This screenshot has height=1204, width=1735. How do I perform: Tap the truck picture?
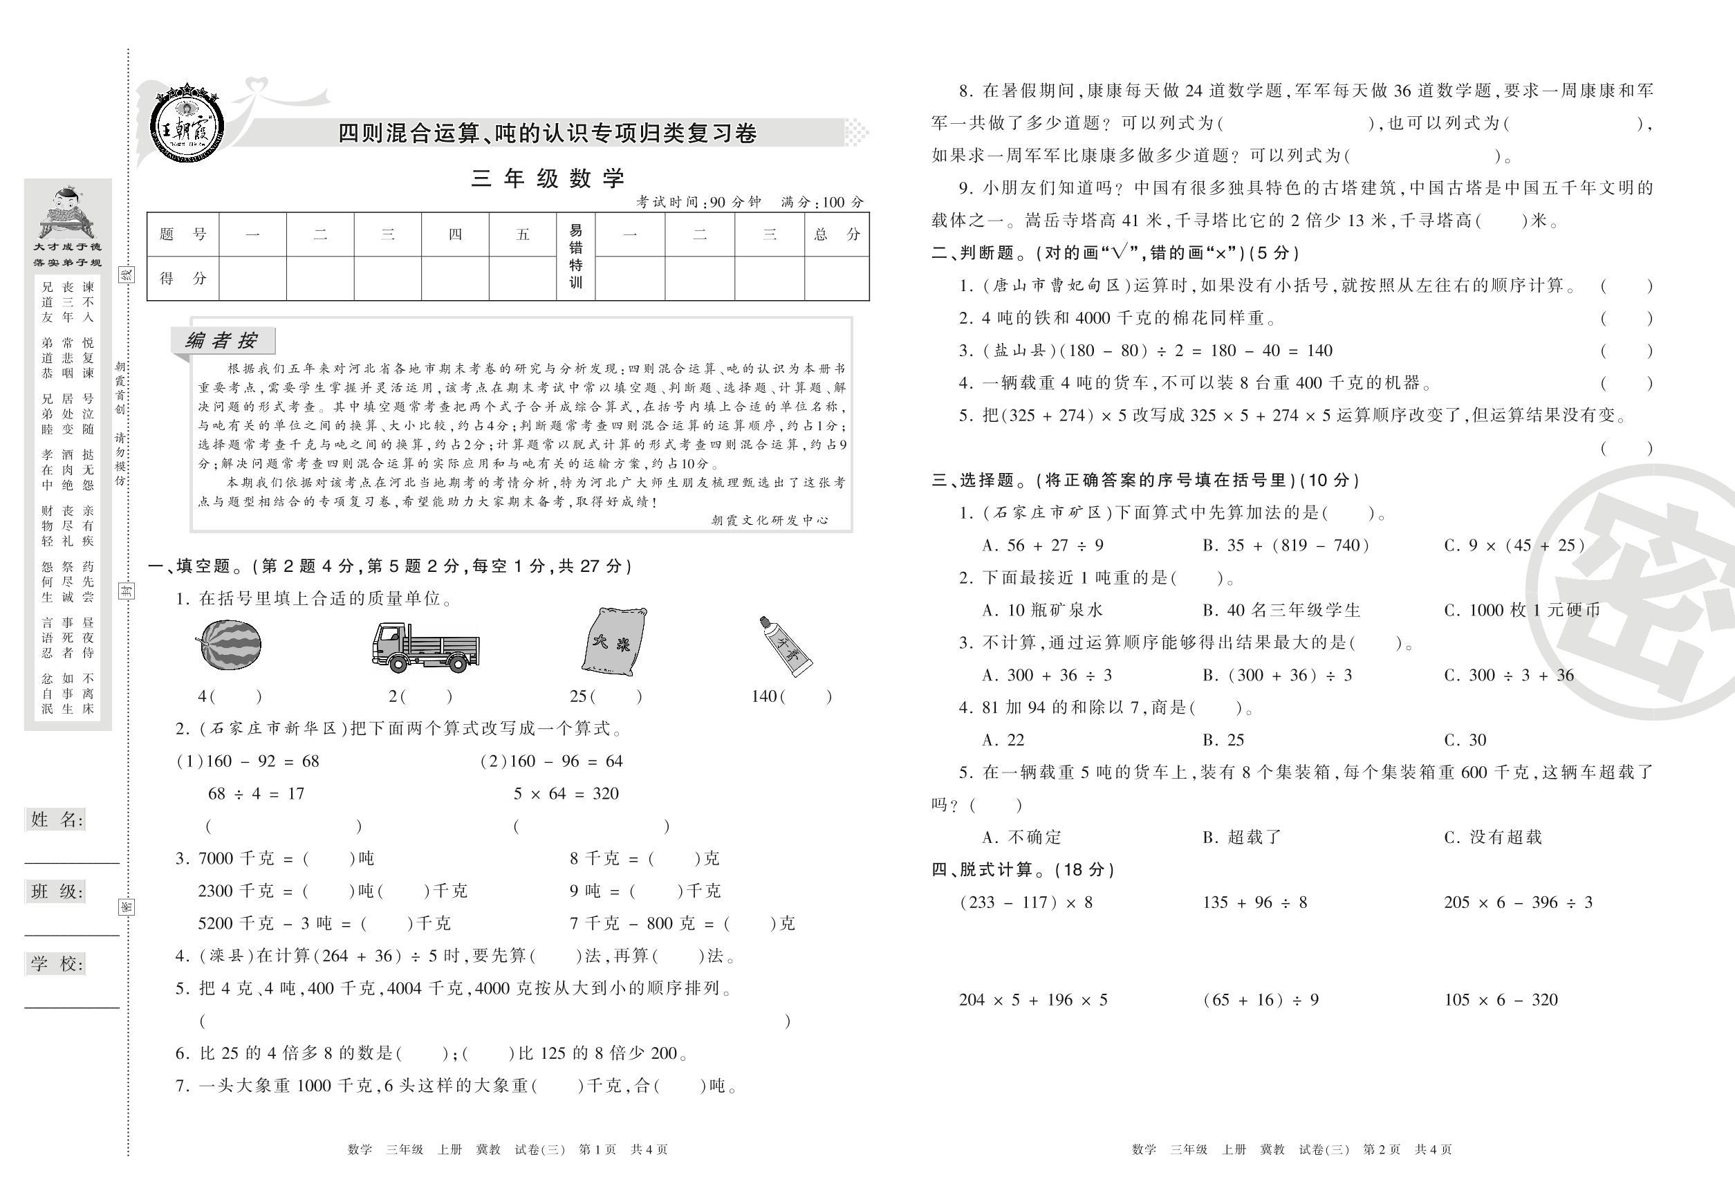[425, 647]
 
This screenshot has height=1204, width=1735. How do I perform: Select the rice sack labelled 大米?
[614, 642]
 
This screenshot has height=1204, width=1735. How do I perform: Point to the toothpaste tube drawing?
[786, 645]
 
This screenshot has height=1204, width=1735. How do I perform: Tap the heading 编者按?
[222, 341]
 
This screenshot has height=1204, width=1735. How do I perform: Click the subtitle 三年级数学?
[548, 179]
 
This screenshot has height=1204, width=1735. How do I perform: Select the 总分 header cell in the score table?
[837, 234]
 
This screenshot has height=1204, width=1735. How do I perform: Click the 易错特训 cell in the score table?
[575, 257]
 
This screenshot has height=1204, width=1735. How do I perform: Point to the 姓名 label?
[57, 820]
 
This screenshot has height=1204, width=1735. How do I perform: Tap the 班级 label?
[57, 891]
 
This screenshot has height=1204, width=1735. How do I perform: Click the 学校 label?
[57, 963]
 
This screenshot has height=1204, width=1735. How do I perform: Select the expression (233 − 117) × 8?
[1026, 902]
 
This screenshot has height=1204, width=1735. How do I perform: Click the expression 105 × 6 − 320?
[1501, 999]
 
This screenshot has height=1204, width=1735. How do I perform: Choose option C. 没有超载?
[1493, 837]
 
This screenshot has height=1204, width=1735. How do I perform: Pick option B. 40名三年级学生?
[1281, 609]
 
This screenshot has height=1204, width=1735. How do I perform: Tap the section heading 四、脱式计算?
[1023, 870]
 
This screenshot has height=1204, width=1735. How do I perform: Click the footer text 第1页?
[597, 1149]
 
